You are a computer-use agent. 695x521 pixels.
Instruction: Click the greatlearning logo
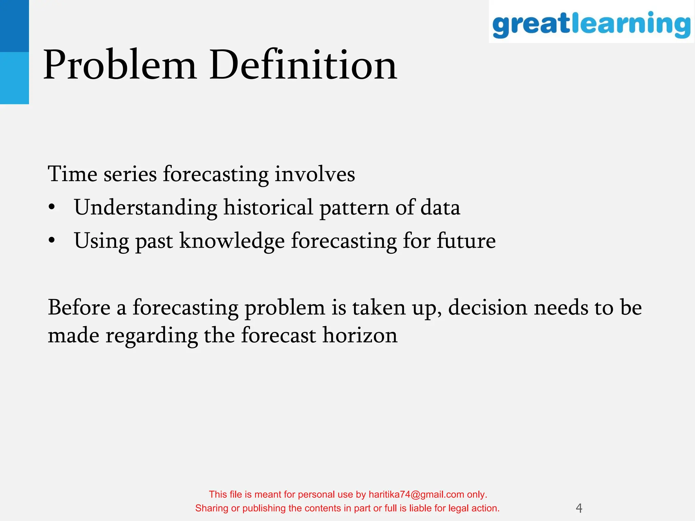pyautogui.click(x=591, y=24)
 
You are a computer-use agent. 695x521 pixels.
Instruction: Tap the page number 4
pyautogui.click(x=579, y=508)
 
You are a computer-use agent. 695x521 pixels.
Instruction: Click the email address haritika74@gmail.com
pyautogui.click(x=416, y=495)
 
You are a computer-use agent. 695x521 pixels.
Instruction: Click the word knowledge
pyautogui.click(x=232, y=241)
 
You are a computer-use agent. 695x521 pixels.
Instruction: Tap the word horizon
pyautogui.click(x=360, y=335)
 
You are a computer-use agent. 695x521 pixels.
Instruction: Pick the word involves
pyautogui.click(x=315, y=174)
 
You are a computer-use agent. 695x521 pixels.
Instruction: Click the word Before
pyautogui.click(x=79, y=307)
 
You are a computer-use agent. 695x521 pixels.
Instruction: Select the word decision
pyautogui.click(x=487, y=307)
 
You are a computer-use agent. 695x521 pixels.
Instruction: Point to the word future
pyautogui.click(x=466, y=241)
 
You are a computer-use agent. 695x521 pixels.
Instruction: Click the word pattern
pyautogui.click(x=354, y=208)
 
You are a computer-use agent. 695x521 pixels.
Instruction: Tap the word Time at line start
pyautogui.click(x=72, y=174)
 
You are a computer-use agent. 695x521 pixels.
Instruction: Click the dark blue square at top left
pyautogui.click(x=14, y=26)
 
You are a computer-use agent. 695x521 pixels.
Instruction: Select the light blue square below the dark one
pyautogui.click(x=14, y=78)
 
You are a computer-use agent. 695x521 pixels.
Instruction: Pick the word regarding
pyautogui.click(x=152, y=336)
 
